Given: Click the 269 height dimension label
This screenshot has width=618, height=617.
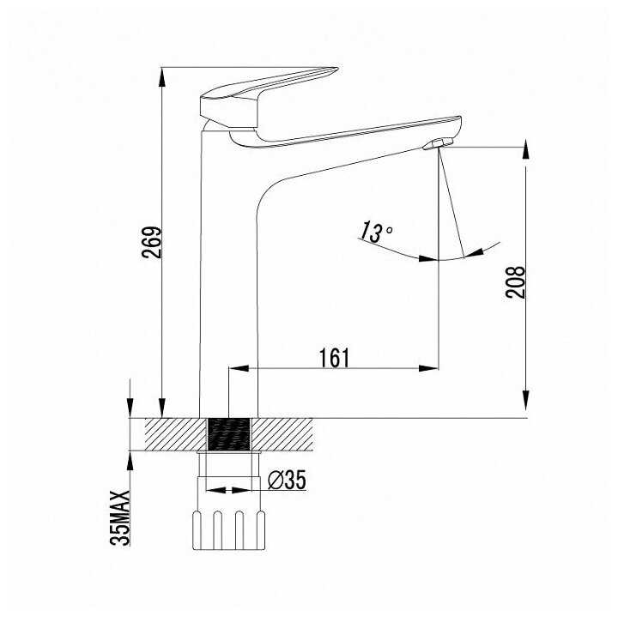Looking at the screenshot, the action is (x=152, y=242).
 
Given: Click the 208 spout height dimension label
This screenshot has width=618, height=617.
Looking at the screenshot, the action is (x=516, y=282).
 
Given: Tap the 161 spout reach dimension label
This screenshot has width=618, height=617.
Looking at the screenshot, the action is (x=334, y=357).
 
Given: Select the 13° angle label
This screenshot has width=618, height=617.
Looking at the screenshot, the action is (x=375, y=232).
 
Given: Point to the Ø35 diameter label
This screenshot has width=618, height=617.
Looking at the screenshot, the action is (x=287, y=480).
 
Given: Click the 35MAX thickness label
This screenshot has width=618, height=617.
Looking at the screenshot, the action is (x=120, y=517).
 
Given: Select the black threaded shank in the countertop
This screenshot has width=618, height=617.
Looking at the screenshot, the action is (x=228, y=434).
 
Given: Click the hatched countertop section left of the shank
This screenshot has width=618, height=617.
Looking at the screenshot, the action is (x=176, y=434).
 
